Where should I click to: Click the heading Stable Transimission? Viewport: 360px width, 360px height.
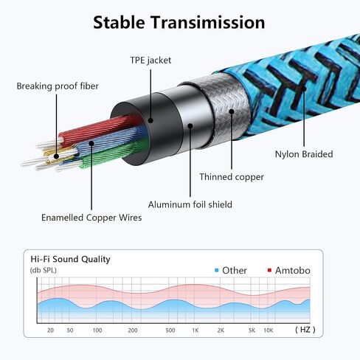tap(179, 22)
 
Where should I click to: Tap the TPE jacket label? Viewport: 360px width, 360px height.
tap(150, 60)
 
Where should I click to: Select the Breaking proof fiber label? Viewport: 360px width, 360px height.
tap(58, 86)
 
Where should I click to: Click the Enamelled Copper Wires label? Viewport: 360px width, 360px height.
tap(91, 218)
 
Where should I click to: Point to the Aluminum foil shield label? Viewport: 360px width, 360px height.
tap(190, 204)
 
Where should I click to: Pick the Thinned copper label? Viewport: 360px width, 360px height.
tap(232, 177)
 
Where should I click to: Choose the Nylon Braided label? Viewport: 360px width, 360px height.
tap(304, 154)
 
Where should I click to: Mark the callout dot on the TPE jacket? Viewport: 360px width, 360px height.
tap(150, 120)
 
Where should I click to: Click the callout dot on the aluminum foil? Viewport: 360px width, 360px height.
tap(190, 126)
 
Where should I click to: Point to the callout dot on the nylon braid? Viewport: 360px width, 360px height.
tap(304, 89)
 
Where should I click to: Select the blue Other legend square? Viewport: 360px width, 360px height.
tap(216, 271)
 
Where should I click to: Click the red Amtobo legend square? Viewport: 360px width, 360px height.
tap(269, 270)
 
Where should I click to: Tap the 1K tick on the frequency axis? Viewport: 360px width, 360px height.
tap(195, 330)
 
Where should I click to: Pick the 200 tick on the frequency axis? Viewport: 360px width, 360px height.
tap(133, 330)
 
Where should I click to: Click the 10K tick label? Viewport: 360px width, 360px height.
tap(269, 330)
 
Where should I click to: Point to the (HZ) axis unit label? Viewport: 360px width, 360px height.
tap(305, 330)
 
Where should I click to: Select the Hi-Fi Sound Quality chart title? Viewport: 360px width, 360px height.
tap(70, 259)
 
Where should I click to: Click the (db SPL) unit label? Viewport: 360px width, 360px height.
tap(44, 271)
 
